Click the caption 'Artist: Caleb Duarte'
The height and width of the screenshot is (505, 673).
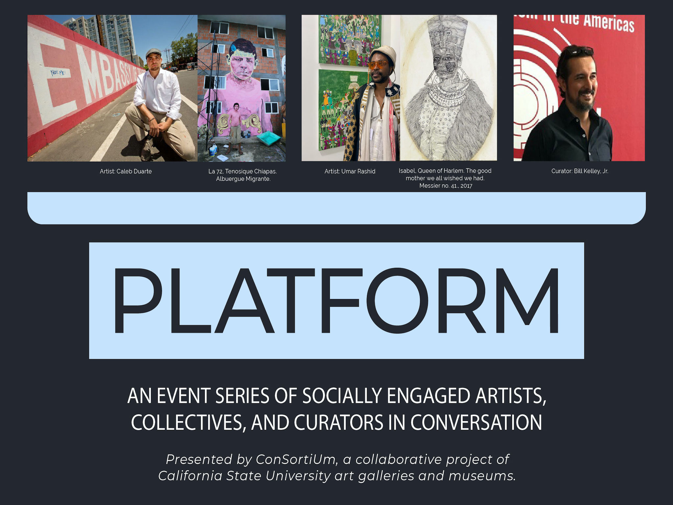point(126,171)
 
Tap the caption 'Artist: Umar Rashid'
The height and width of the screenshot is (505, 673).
point(350,171)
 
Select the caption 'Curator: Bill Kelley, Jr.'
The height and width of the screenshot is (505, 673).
point(580,171)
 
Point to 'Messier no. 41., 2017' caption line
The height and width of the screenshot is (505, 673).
point(446,186)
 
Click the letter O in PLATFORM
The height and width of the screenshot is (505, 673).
point(397,300)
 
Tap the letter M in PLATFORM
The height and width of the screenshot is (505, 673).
point(527,301)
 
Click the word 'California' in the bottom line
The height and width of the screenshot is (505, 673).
point(190,476)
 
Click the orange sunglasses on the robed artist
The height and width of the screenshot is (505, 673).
point(378,64)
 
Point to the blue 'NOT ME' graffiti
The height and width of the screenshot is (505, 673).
point(58,72)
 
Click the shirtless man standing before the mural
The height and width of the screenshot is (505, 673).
point(236,128)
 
